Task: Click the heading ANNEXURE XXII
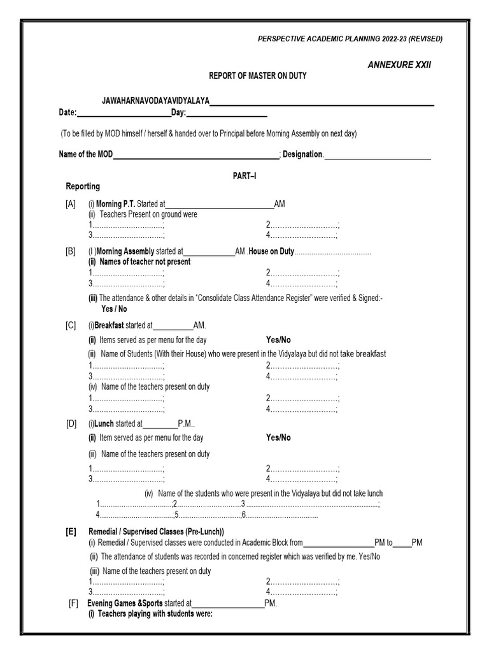399,65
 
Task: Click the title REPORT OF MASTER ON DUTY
258,76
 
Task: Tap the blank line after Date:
124,114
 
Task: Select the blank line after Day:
227,114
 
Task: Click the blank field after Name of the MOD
196,155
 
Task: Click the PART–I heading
244,175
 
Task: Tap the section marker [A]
70,204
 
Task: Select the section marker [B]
70,251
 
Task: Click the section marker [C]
70,325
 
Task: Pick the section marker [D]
70,423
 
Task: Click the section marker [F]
74,603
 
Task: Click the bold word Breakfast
110,325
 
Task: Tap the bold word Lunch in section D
104,423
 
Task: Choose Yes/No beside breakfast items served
278,340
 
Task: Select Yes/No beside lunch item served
278,437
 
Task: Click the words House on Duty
271,251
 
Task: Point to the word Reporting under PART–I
83,186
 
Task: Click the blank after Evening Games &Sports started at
228,603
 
